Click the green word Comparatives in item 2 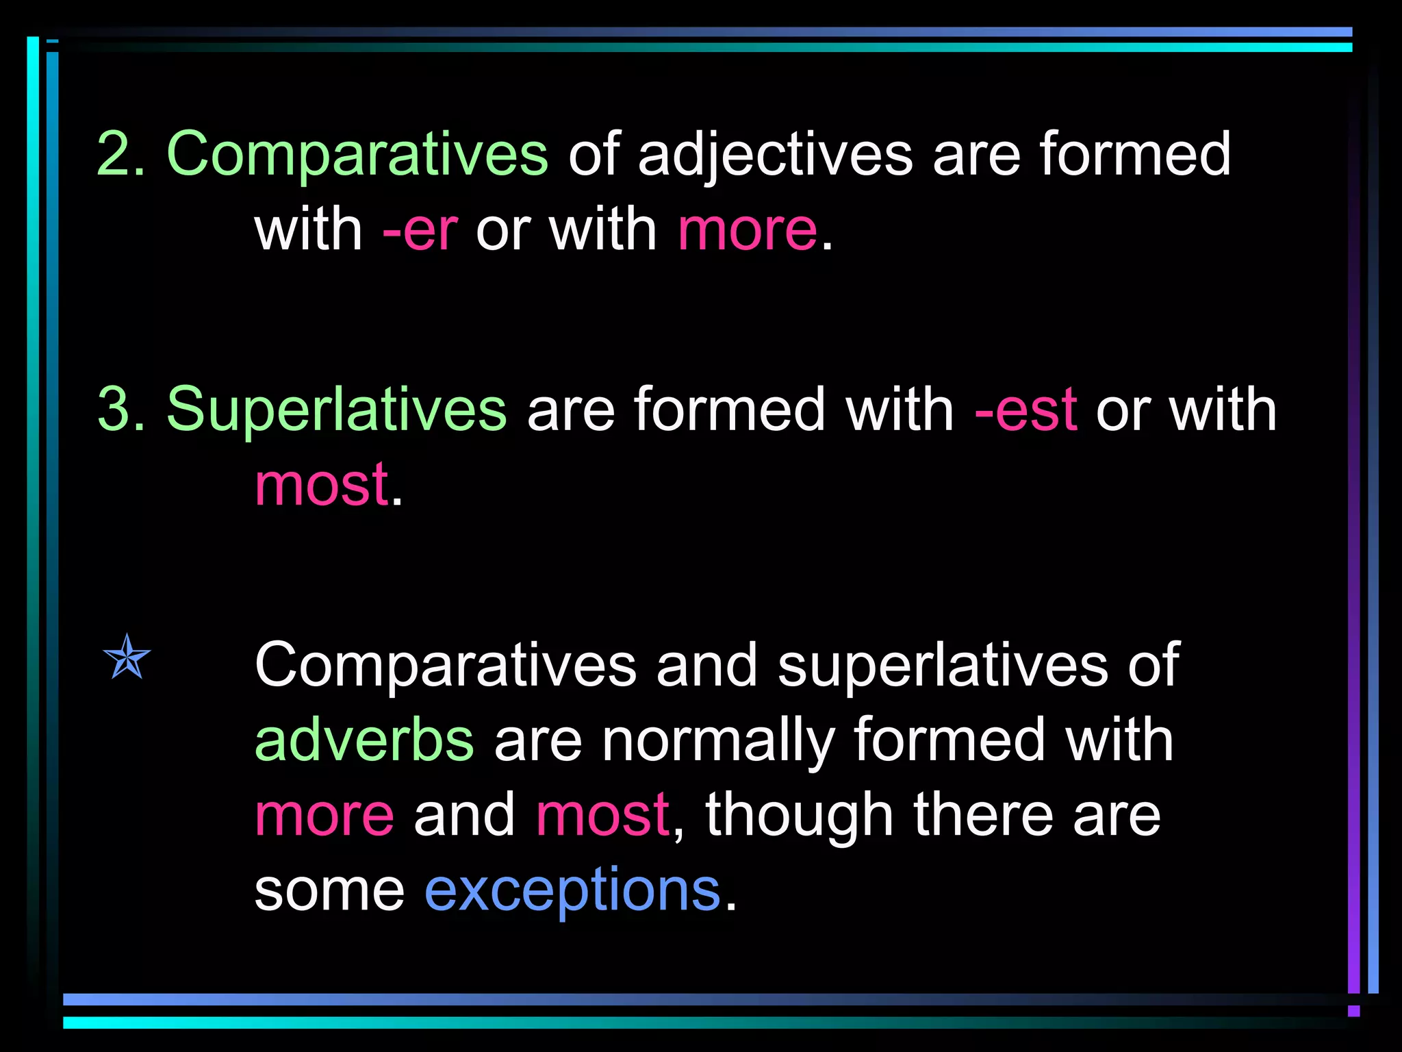pos(357,155)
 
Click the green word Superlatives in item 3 pos(336,410)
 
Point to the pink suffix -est pos(1025,410)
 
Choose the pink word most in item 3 pos(322,485)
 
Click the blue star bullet pos(127,657)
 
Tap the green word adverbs pos(364,740)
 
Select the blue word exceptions pos(572,890)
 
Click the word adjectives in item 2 pos(775,155)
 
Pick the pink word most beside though pos(602,815)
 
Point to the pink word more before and pos(324,815)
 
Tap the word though pos(800,815)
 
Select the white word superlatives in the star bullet pos(943,666)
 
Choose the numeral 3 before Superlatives pos(114,410)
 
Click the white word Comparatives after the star pos(445,666)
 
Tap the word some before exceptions pos(329,890)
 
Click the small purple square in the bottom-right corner pos(1353,1011)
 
